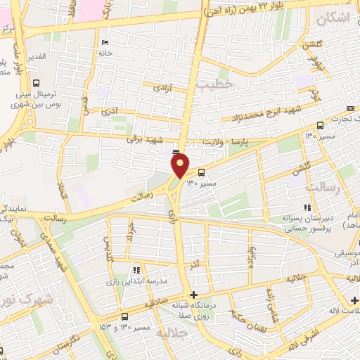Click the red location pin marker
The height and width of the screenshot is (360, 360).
pos(181,165)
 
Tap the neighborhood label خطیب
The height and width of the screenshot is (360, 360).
pos(214,84)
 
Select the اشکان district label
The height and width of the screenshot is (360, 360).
pos(333,20)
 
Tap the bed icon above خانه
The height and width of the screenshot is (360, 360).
pos(105,42)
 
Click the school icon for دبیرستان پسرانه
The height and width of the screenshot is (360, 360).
pos(307,207)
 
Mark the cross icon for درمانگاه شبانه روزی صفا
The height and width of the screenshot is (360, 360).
pos(194,295)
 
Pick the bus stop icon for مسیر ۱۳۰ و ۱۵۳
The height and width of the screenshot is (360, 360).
pos(124,316)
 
